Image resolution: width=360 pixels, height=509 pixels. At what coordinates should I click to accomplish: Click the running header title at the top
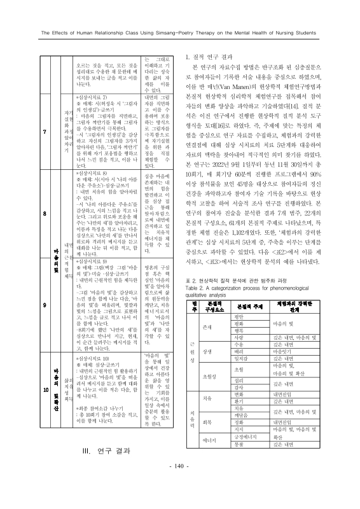[180, 33]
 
